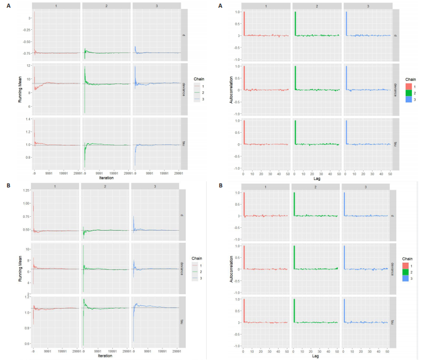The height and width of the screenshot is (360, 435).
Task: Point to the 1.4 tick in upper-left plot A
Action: click(28, 119)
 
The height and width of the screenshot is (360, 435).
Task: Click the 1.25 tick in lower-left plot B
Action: click(27, 190)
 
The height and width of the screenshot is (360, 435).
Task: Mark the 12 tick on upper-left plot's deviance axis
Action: click(29, 68)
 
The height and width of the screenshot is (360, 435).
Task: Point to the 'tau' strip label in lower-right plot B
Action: click(394, 322)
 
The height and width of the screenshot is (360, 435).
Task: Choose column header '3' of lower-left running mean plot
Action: click(156, 185)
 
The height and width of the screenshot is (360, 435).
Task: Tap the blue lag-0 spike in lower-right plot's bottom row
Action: click(344, 311)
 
